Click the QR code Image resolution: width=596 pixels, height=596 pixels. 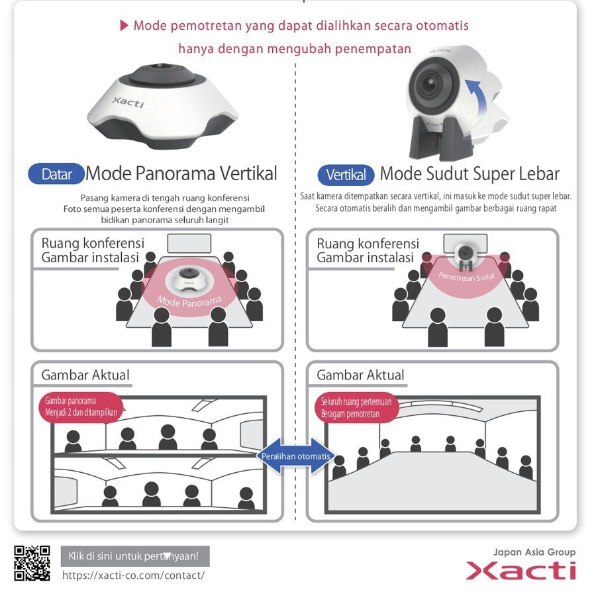32,563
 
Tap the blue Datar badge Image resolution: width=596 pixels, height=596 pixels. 56,175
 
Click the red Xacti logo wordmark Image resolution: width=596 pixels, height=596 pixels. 521,570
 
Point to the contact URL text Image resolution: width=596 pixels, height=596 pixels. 133,575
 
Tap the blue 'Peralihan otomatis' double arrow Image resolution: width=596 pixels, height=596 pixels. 296,456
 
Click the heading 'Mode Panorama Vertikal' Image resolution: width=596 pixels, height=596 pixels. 181,174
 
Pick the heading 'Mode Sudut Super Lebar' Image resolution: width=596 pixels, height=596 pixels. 469,174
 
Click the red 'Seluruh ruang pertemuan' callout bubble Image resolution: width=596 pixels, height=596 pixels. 356,407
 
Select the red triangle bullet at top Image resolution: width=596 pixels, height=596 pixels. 123,25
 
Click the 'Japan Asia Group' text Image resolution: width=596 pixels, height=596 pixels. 534,552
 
